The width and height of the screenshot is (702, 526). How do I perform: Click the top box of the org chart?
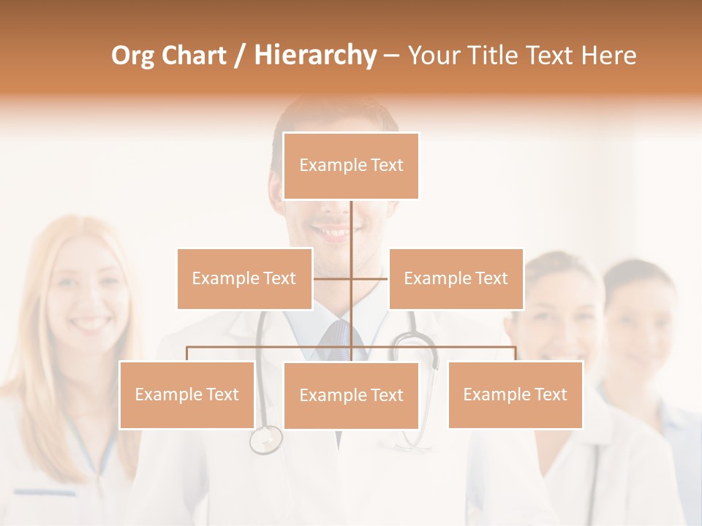(351, 166)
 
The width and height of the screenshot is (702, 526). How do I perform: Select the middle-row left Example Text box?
(244, 278)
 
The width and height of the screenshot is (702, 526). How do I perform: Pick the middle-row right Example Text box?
(456, 278)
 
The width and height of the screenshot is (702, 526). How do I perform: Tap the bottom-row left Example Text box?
(186, 394)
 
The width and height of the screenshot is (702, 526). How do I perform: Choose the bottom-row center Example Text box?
(351, 395)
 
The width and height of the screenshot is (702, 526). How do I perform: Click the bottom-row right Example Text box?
(515, 394)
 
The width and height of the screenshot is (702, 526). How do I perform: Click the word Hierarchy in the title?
(314, 56)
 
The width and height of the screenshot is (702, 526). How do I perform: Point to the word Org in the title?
(134, 56)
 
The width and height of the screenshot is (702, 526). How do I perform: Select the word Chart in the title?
(193, 56)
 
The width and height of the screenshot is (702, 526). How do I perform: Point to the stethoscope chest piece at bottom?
(265, 440)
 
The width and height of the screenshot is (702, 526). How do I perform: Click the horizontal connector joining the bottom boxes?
(271, 347)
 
